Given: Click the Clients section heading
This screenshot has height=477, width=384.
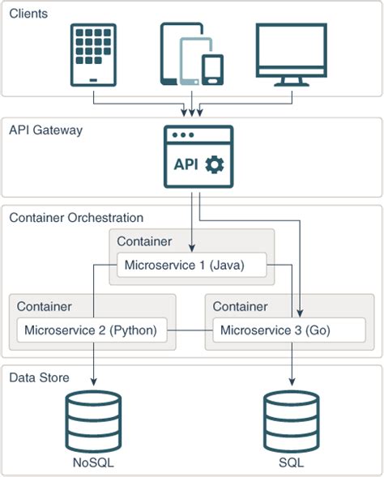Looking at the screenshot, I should (x=28, y=14).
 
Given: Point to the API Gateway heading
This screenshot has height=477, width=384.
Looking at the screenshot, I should (x=45, y=130).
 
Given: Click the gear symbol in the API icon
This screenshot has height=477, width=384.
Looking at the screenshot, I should (x=215, y=164).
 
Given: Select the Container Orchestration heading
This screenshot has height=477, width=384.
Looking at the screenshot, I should (x=76, y=218).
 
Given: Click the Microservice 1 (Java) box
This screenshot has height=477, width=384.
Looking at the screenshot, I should (x=192, y=265).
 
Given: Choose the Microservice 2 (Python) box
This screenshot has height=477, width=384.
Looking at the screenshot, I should (x=92, y=330).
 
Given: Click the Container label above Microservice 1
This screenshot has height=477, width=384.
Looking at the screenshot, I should (x=144, y=241).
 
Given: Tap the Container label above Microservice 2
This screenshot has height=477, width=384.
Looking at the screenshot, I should (x=45, y=306).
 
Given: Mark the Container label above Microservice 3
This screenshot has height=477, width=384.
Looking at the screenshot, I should (x=240, y=306).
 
